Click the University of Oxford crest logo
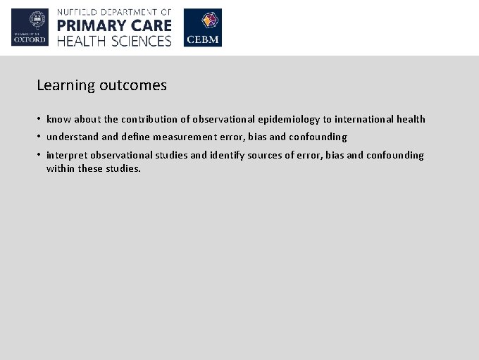30,27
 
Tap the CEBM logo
203,27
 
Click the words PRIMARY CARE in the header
114,26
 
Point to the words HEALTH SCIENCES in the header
114,41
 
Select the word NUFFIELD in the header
80,12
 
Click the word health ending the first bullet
411,120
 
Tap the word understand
73,137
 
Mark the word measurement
184,137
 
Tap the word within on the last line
61,169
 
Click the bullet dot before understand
39,137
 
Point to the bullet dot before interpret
39,155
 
